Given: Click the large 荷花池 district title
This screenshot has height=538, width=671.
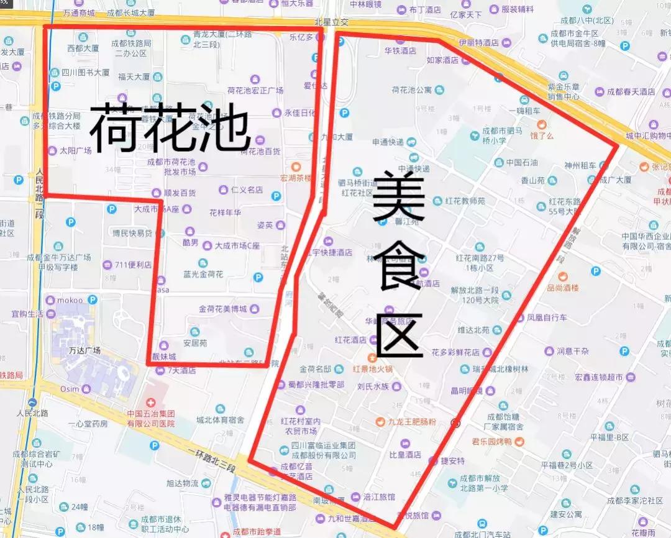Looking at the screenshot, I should [169, 128].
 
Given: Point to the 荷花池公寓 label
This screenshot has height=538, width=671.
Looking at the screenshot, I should [411, 90].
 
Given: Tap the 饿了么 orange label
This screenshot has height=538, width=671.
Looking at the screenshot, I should [541, 135].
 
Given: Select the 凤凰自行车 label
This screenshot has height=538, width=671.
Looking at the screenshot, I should [547, 317].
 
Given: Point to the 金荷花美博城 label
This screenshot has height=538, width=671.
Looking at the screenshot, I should [222, 309].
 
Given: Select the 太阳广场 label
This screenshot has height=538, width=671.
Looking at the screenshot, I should [75, 150].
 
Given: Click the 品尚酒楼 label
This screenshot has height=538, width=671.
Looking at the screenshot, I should [562, 288].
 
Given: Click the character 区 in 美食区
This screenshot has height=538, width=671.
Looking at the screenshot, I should [399, 335].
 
